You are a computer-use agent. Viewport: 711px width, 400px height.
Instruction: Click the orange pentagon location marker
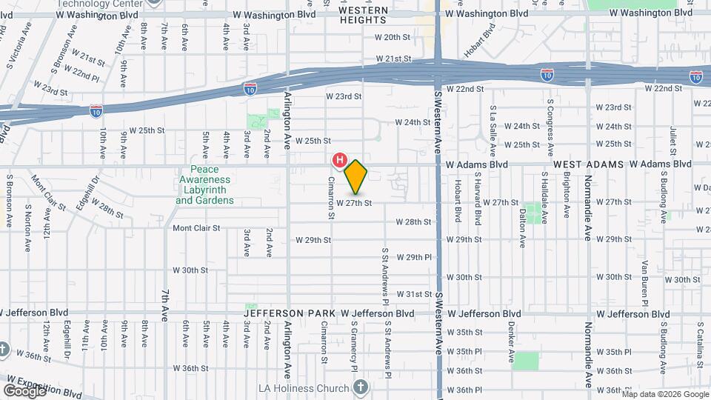(x=355, y=177)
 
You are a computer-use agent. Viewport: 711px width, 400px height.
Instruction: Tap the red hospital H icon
(x=340, y=159)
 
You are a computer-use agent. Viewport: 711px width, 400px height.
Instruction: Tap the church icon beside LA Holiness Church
(x=360, y=387)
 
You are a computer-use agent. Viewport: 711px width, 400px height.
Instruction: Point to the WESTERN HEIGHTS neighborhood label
(x=364, y=15)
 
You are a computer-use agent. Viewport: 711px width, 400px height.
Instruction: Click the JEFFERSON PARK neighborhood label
(x=285, y=313)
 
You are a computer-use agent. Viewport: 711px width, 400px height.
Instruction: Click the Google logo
(x=24, y=390)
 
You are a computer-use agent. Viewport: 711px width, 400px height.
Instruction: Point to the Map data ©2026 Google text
(x=664, y=393)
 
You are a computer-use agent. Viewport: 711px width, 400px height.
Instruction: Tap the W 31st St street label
(x=414, y=294)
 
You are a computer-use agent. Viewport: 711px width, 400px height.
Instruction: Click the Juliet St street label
(x=673, y=139)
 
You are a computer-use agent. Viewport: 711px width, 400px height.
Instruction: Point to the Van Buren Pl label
(x=646, y=277)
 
